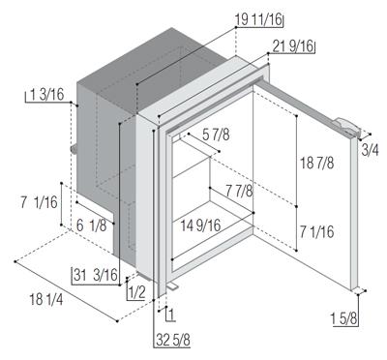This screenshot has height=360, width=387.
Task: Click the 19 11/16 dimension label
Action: (258, 19)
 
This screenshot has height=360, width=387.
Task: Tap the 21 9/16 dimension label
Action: (293, 46)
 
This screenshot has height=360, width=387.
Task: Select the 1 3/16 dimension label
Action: (47, 95)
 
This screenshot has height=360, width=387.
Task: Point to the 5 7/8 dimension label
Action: (216, 135)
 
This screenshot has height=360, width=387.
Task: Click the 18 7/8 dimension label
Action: (316, 163)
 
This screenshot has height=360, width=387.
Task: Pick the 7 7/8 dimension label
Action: (239, 191)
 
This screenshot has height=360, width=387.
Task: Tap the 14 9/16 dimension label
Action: (200, 225)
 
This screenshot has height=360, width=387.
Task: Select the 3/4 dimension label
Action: (370, 150)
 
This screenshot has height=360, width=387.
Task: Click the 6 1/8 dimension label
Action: (91, 225)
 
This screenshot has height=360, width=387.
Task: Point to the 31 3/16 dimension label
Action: (96, 275)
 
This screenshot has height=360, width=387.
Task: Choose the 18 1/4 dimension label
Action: (46, 299)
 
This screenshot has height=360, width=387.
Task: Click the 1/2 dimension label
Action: (136, 293)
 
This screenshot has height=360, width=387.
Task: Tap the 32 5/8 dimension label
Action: (173, 340)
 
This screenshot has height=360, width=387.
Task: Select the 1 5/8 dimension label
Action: (344, 319)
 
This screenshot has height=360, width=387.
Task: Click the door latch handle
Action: (346, 127)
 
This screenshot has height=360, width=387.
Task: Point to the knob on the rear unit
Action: (74, 149)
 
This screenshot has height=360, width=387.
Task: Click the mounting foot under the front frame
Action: (172, 286)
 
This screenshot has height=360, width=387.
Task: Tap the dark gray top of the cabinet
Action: (152, 70)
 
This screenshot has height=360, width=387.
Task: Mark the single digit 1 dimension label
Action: (171, 315)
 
